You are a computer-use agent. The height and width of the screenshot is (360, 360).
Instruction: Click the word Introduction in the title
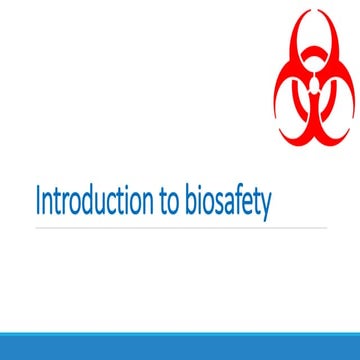pos(89,201)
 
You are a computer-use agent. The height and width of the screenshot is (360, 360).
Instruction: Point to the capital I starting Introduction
pos(38,201)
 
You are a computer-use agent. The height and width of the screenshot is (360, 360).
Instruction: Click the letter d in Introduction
pos(84,201)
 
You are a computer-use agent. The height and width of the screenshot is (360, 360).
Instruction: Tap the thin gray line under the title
pos(180,228)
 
